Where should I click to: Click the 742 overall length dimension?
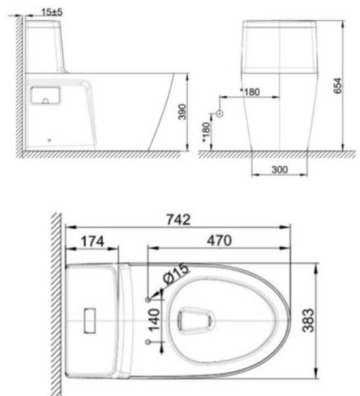pyautogui.click(x=177, y=221)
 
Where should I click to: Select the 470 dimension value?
pyautogui.click(x=219, y=241)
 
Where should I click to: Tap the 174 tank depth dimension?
pyautogui.click(x=92, y=241)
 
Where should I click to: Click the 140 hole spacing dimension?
pyautogui.click(x=154, y=322)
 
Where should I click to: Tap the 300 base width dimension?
pyautogui.click(x=279, y=169)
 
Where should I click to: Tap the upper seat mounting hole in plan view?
pyautogui.click(x=148, y=298)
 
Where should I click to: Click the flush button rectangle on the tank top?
pyautogui.click(x=90, y=320)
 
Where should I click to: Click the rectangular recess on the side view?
pyautogui.click(x=45, y=95)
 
